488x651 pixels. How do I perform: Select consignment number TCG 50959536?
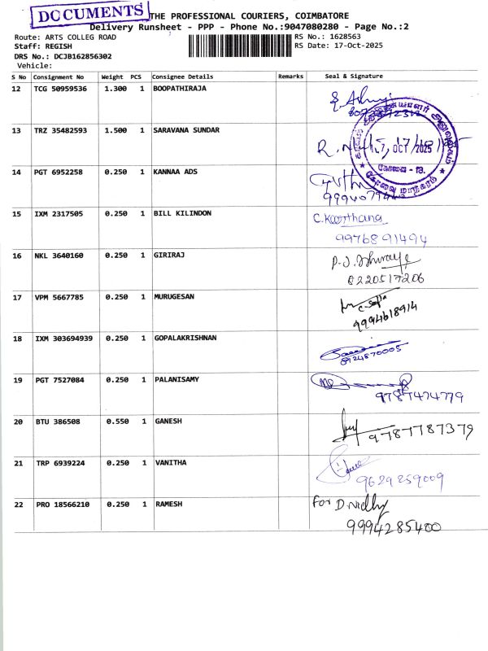(x=60, y=88)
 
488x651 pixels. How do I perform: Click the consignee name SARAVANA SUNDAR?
(x=186, y=130)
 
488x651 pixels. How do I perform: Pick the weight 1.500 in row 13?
(x=115, y=130)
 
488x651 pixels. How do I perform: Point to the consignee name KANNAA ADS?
(x=176, y=173)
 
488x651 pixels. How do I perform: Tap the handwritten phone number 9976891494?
(x=381, y=239)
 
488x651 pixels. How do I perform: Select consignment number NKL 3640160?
(x=59, y=256)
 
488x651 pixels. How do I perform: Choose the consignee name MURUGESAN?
(x=174, y=297)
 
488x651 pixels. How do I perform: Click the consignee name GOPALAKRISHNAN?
(x=185, y=338)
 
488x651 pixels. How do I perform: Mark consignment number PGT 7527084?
(x=59, y=380)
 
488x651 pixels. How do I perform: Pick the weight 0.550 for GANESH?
(x=115, y=422)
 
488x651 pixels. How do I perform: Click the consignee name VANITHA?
(x=170, y=462)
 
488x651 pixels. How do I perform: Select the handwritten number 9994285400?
(x=394, y=526)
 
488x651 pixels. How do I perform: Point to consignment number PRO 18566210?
(x=62, y=505)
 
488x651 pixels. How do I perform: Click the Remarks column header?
(x=290, y=76)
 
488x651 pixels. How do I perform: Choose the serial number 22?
(x=18, y=505)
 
